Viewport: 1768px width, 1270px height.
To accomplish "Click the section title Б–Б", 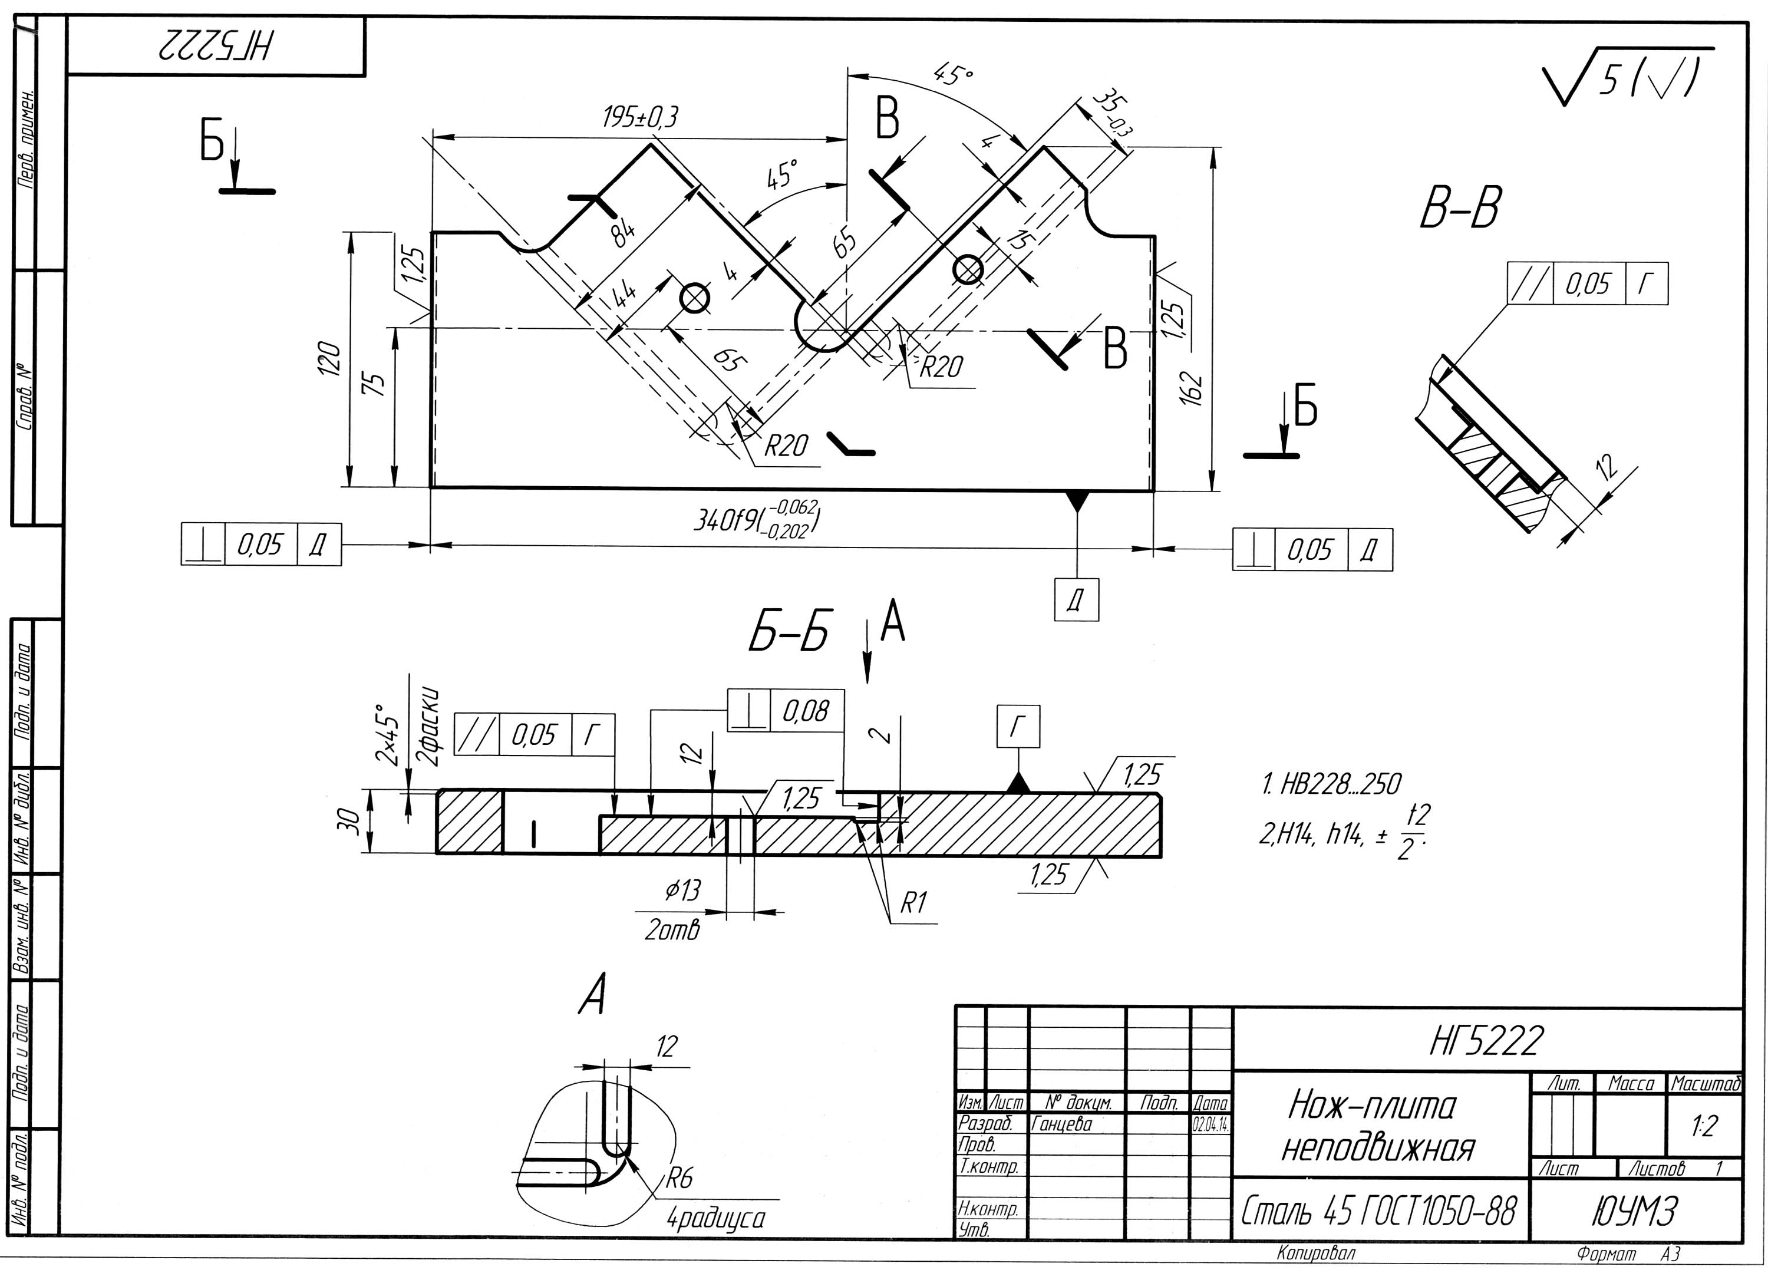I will coord(789,632).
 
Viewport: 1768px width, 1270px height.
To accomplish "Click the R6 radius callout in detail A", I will coord(679,1178).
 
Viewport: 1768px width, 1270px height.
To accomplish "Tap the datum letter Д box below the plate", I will coord(1076,599).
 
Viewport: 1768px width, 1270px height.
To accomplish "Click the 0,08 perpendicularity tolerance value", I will coord(806,711).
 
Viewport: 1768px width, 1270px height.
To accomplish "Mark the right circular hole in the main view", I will coord(968,270).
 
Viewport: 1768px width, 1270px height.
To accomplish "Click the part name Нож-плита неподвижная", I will coord(1378,1127).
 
